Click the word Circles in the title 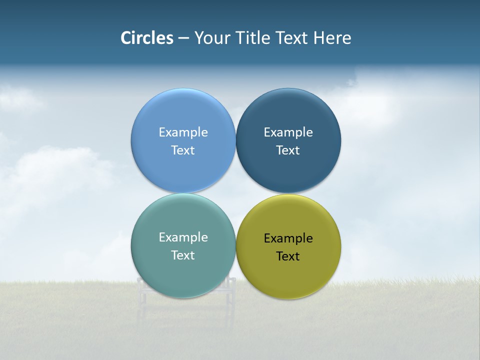(146, 38)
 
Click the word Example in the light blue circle (183, 132)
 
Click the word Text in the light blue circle (183, 150)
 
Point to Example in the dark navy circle (288, 132)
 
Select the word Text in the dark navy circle (288, 150)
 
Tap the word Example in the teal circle (183, 237)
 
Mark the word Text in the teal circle (183, 255)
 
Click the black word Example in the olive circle (288, 238)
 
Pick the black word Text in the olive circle (288, 256)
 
